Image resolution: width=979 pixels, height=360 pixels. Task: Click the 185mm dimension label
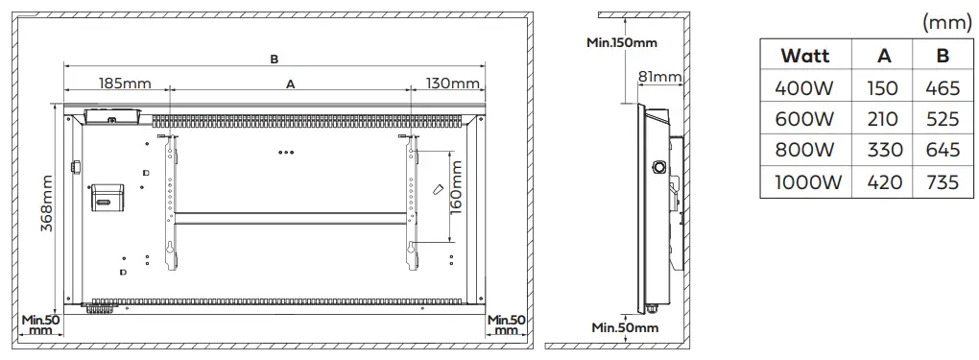[x=124, y=84]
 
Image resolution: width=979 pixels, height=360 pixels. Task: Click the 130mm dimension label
[x=452, y=84]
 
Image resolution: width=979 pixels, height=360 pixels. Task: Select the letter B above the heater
[x=274, y=59]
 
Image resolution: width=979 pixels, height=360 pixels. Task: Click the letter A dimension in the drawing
[x=290, y=84]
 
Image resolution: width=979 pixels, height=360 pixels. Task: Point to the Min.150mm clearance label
[x=623, y=41]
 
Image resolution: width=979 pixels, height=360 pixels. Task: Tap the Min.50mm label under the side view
[x=625, y=327]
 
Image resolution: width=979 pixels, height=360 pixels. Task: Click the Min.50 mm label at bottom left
[x=40, y=324]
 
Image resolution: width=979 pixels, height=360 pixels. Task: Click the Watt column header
[x=805, y=55]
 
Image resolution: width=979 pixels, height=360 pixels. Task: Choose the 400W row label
[x=805, y=88]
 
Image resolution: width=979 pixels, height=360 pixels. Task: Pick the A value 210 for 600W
[x=883, y=120]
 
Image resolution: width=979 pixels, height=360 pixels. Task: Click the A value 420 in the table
[x=883, y=182]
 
